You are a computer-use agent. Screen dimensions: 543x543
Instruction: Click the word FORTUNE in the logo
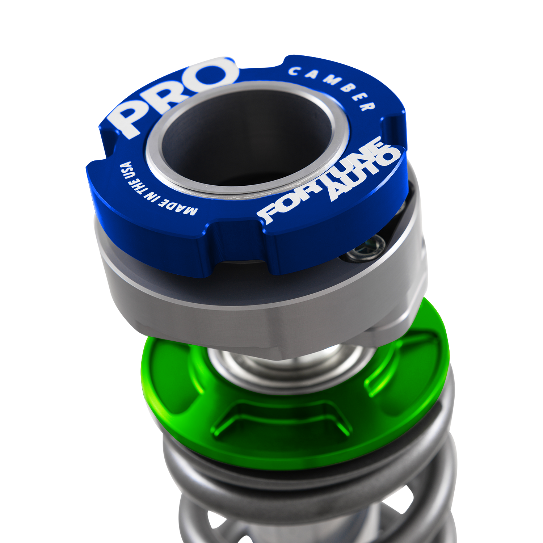[x=319, y=181]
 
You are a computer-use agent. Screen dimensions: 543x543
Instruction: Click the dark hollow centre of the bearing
[x=246, y=138]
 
